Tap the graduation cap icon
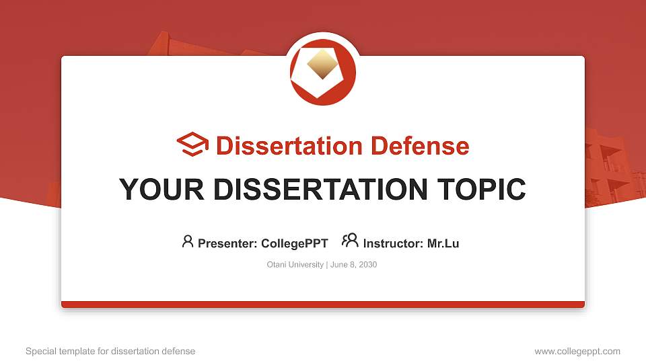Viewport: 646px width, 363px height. [x=192, y=145]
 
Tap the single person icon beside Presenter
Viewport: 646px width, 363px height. [x=188, y=241]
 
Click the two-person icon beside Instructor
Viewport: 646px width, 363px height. [x=350, y=241]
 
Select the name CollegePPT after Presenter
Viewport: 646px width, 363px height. [x=295, y=243]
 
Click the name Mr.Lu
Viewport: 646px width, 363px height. [x=443, y=243]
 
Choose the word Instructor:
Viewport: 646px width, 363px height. [x=393, y=243]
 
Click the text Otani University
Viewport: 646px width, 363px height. [x=295, y=265]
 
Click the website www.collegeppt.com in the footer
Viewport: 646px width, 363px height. [x=577, y=351]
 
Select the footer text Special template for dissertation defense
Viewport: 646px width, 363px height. [x=110, y=351]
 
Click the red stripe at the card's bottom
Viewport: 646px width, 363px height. [x=323, y=305]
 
